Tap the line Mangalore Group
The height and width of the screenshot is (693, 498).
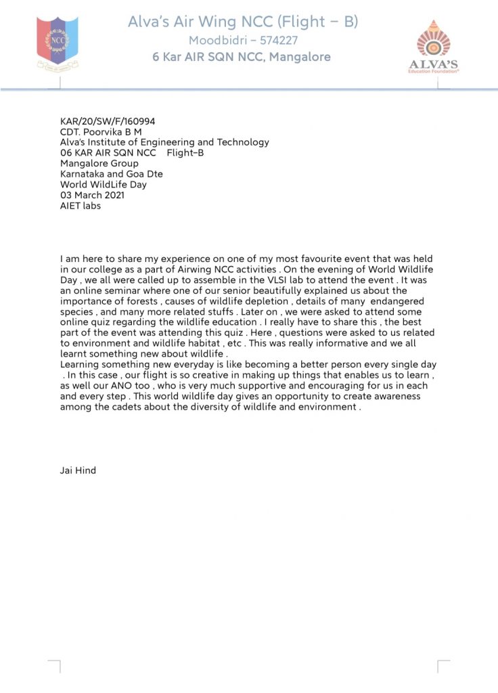pyautogui.click(x=99, y=163)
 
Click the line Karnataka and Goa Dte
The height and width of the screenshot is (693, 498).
pyautogui.click(x=112, y=174)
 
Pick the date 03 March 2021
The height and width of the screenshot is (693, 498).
pyautogui.click(x=92, y=195)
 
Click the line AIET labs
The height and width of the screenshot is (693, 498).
pyautogui.click(x=81, y=205)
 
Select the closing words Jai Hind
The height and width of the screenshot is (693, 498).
pyautogui.click(x=78, y=470)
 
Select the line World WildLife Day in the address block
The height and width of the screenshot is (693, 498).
pyautogui.click(x=104, y=184)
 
